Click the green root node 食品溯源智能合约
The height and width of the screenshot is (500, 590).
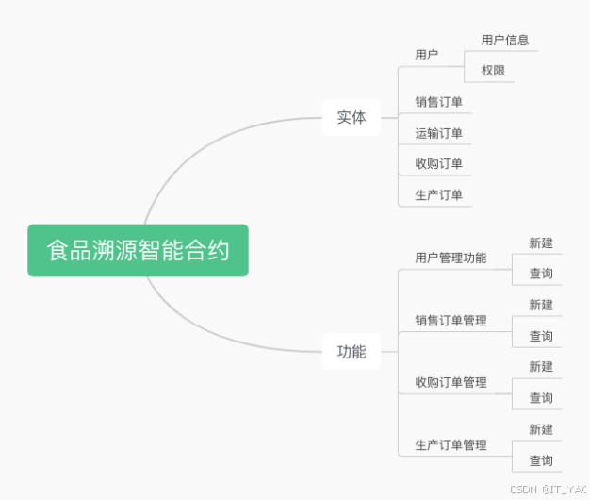click(138, 250)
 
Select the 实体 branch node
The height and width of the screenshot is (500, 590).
click(352, 118)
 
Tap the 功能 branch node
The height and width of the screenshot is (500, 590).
click(352, 352)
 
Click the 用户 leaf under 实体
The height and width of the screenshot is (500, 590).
click(427, 55)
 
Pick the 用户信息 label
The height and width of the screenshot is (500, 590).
click(505, 40)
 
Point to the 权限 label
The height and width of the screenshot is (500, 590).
click(494, 70)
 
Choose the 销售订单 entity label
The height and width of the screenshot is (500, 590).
click(439, 102)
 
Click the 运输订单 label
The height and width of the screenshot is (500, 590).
click(439, 133)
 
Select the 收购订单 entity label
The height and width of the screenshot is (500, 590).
click(439, 163)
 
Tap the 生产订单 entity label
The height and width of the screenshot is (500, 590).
click(439, 195)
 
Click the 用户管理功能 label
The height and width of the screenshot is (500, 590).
click(451, 258)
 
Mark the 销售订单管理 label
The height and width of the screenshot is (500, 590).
click(451, 320)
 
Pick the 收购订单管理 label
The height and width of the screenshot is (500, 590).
click(451, 382)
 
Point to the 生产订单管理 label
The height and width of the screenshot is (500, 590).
click(451, 444)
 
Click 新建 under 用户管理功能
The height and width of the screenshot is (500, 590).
click(541, 242)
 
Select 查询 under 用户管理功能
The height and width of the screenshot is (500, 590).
click(541, 274)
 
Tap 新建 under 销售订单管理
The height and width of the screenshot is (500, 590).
click(541, 305)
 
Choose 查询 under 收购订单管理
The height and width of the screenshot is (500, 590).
click(541, 398)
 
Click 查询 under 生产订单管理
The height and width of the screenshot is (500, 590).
click(541, 460)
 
